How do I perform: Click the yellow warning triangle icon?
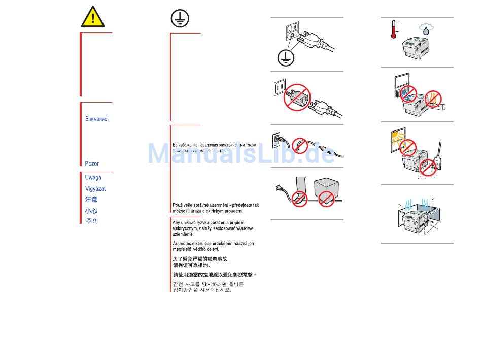(x=93, y=17)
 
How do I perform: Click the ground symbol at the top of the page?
(x=180, y=18)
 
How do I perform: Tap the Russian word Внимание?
(x=96, y=119)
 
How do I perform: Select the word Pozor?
(x=92, y=163)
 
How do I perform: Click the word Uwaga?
(x=93, y=178)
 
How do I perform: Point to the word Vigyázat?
(x=95, y=189)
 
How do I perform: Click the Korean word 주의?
(x=92, y=221)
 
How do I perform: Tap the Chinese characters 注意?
(x=91, y=200)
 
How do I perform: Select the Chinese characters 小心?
(x=91, y=211)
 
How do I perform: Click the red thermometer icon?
(x=394, y=30)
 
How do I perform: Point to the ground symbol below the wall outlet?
(x=286, y=58)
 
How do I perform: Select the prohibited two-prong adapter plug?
(x=298, y=96)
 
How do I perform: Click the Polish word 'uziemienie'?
(x=182, y=234)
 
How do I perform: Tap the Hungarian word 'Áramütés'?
(x=183, y=244)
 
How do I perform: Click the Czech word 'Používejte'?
(x=186, y=205)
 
